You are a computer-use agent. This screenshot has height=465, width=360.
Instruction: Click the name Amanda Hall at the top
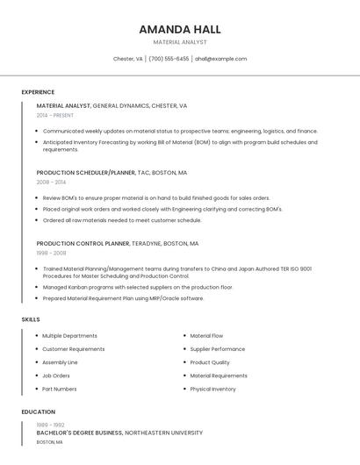pyautogui.click(x=180, y=29)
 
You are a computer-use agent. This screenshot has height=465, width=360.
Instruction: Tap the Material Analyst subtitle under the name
pyautogui.click(x=180, y=42)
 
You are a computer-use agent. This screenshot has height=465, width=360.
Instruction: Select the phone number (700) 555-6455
pyautogui.click(x=169, y=59)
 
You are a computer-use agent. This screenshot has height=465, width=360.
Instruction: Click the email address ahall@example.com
pyautogui.click(x=220, y=59)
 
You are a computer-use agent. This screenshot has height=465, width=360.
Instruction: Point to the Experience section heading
pyautogui.click(x=38, y=92)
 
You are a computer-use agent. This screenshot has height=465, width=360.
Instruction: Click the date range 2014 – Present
pyautogui.click(x=55, y=115)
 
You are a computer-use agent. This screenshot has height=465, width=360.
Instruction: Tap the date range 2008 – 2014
pyautogui.click(x=51, y=182)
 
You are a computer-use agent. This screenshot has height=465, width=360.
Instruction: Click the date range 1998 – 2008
pyautogui.click(x=51, y=253)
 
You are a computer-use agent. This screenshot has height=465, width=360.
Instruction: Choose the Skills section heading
pyautogui.click(x=31, y=319)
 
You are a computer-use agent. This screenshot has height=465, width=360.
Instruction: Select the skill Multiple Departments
pyautogui.click(x=69, y=336)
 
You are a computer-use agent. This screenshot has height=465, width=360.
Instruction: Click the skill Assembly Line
pyautogui.click(x=60, y=362)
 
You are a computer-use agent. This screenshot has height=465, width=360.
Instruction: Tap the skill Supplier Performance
pyautogui.click(x=217, y=349)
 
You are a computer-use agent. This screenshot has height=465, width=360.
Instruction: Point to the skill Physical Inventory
pyautogui.click(x=212, y=389)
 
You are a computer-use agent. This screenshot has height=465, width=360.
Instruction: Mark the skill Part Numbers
pyautogui.click(x=59, y=389)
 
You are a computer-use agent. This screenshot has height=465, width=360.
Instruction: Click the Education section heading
pyautogui.click(x=38, y=411)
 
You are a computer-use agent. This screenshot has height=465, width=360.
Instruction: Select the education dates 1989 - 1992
pyautogui.click(x=50, y=425)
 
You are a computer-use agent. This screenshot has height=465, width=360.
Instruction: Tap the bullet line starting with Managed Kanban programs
pyautogui.click(x=138, y=287)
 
